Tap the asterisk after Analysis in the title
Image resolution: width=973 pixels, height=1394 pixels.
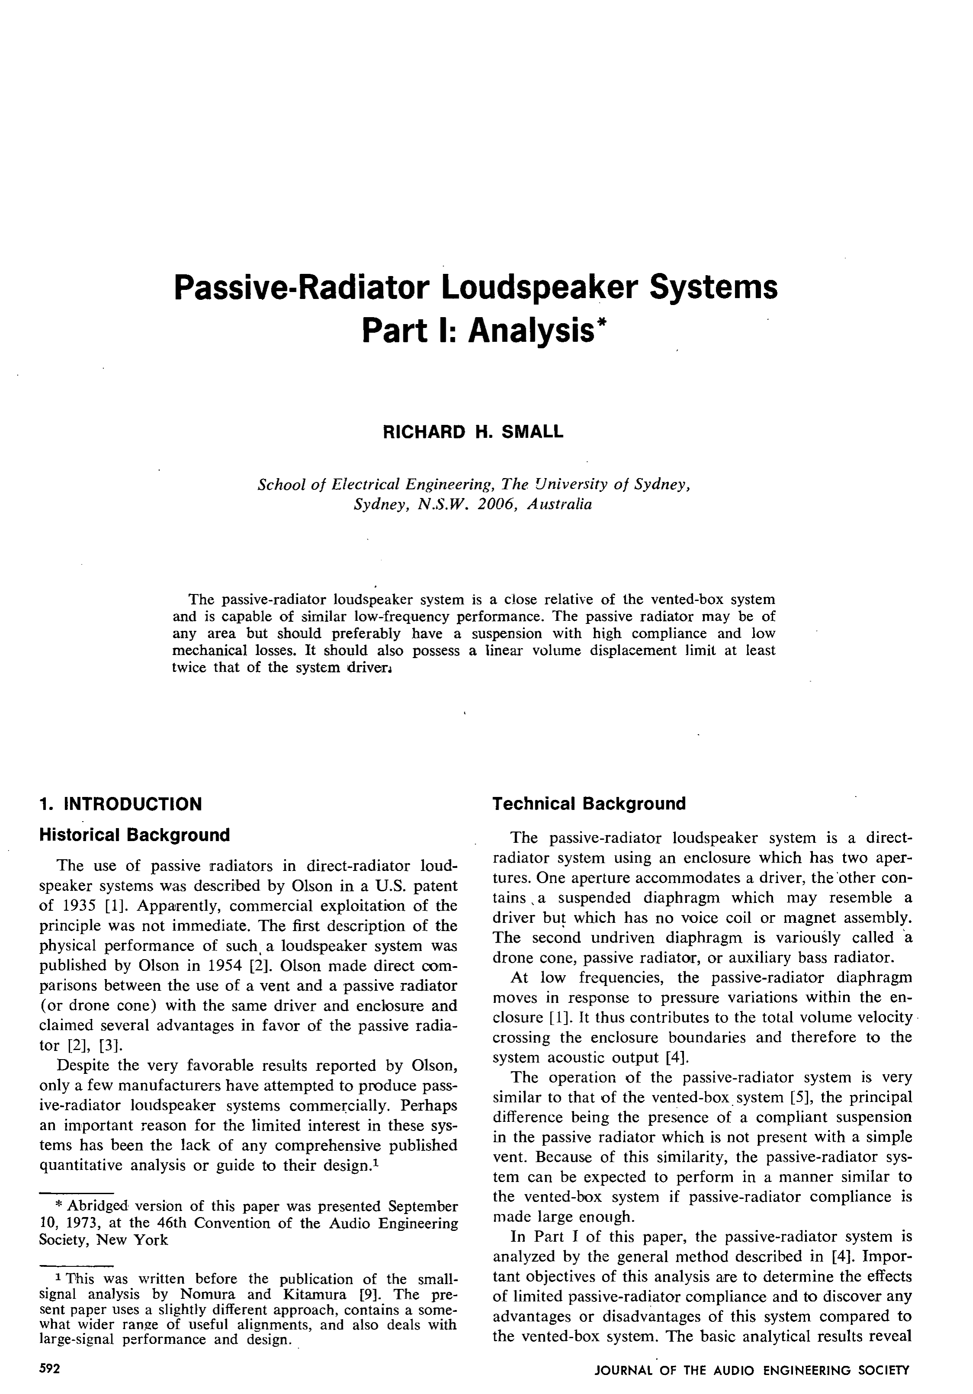[x=601, y=324]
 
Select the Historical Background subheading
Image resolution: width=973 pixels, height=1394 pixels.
[x=134, y=835]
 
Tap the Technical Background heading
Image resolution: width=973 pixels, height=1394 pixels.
[x=589, y=804]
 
